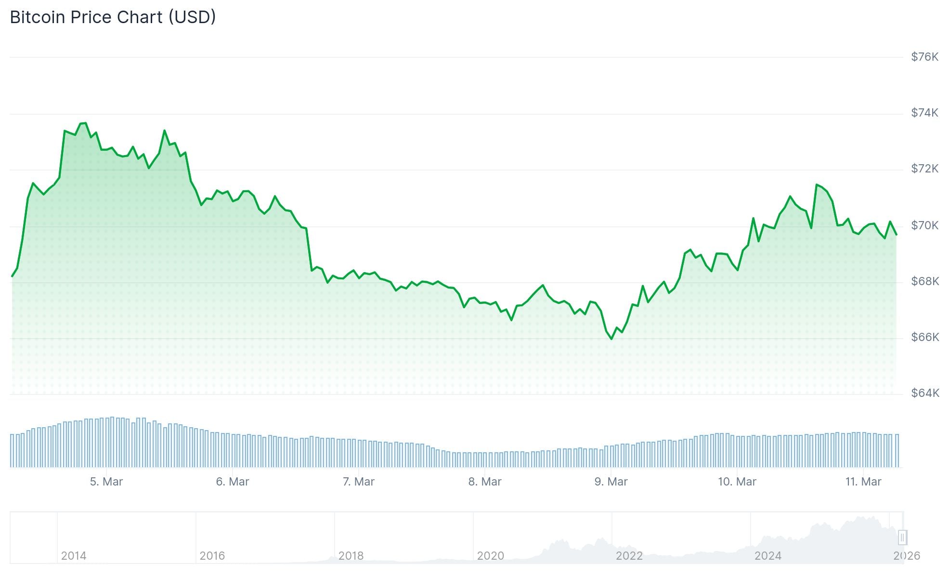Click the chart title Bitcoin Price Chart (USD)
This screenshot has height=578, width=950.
[113, 17]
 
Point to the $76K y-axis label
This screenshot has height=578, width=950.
[924, 57]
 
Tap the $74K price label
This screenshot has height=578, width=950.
[924, 113]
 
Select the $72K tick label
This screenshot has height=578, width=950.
[924, 169]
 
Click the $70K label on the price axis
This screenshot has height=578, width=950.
[924, 225]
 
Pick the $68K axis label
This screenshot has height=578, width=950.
[924, 281]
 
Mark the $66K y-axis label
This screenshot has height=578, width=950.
[924, 337]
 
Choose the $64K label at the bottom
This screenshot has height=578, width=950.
[924, 393]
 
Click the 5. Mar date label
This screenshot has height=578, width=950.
[106, 482]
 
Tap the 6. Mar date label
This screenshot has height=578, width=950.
[233, 482]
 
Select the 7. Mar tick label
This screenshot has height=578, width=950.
[359, 482]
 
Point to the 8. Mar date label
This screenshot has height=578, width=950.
[485, 482]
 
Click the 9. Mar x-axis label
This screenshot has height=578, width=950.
[611, 482]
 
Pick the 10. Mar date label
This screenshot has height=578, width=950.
[737, 482]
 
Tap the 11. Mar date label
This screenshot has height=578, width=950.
[863, 482]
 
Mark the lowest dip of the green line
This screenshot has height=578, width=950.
[612, 339]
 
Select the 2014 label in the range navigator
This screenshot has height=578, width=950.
[74, 556]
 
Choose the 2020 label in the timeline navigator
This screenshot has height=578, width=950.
[490, 556]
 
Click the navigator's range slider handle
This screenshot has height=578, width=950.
[902, 537]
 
